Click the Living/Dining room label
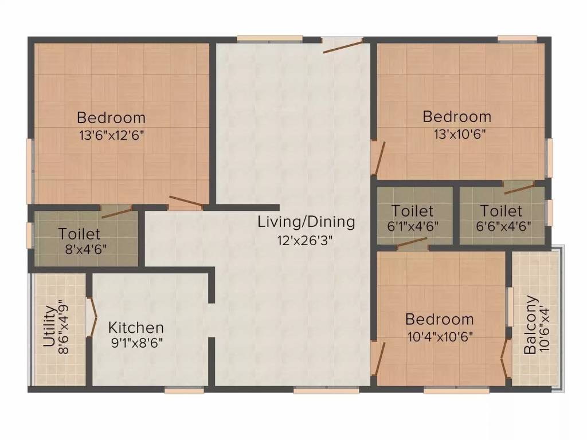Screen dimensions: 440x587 click(x=306, y=221)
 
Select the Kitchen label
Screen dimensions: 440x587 click(x=136, y=328)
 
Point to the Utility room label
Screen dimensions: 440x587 click(x=49, y=328)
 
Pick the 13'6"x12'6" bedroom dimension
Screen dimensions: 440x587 click(x=111, y=136)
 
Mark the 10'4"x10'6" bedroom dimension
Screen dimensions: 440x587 click(x=440, y=337)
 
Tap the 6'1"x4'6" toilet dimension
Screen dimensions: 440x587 click(x=413, y=226)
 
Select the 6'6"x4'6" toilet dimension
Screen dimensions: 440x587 click(x=502, y=226)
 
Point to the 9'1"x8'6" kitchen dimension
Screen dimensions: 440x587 click(x=136, y=344)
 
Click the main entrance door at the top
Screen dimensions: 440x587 click(x=342, y=45)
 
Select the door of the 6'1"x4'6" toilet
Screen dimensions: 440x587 click(x=412, y=245)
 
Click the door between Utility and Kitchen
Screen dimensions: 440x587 click(x=91, y=316)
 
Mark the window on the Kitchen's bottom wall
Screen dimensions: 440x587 click(x=184, y=390)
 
